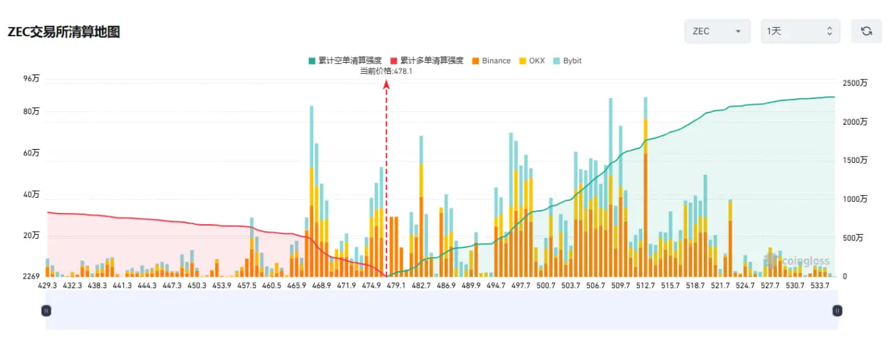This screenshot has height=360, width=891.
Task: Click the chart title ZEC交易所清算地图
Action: [x=63, y=32]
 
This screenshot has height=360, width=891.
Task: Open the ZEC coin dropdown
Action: [x=717, y=31]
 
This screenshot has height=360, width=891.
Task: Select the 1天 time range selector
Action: [x=801, y=31]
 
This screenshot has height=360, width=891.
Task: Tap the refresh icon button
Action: [x=867, y=31]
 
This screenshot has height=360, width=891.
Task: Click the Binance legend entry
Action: [x=491, y=61]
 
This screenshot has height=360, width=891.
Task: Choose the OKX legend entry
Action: [x=532, y=61]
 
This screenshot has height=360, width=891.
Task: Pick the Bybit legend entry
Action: [x=567, y=61]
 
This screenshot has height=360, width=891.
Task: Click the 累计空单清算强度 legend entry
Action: [x=345, y=61]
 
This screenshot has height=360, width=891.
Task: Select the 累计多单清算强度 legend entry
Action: [x=427, y=61]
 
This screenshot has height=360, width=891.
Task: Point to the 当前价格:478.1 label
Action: [x=386, y=71]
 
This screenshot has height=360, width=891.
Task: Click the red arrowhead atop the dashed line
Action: [x=386, y=84]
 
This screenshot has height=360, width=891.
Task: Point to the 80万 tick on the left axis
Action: [x=31, y=111]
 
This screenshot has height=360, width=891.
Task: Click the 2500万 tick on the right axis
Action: [x=855, y=83]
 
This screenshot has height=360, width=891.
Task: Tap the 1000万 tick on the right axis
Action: [x=855, y=199]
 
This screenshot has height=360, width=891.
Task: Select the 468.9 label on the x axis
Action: [x=322, y=285]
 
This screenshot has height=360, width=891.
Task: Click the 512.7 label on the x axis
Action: [x=645, y=285]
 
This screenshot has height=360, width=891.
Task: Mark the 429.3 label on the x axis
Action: [x=47, y=285]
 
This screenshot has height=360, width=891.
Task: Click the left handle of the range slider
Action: [x=46, y=311]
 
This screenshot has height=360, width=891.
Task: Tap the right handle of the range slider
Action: [x=837, y=311]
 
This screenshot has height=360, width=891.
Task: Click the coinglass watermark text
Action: [x=805, y=261]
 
